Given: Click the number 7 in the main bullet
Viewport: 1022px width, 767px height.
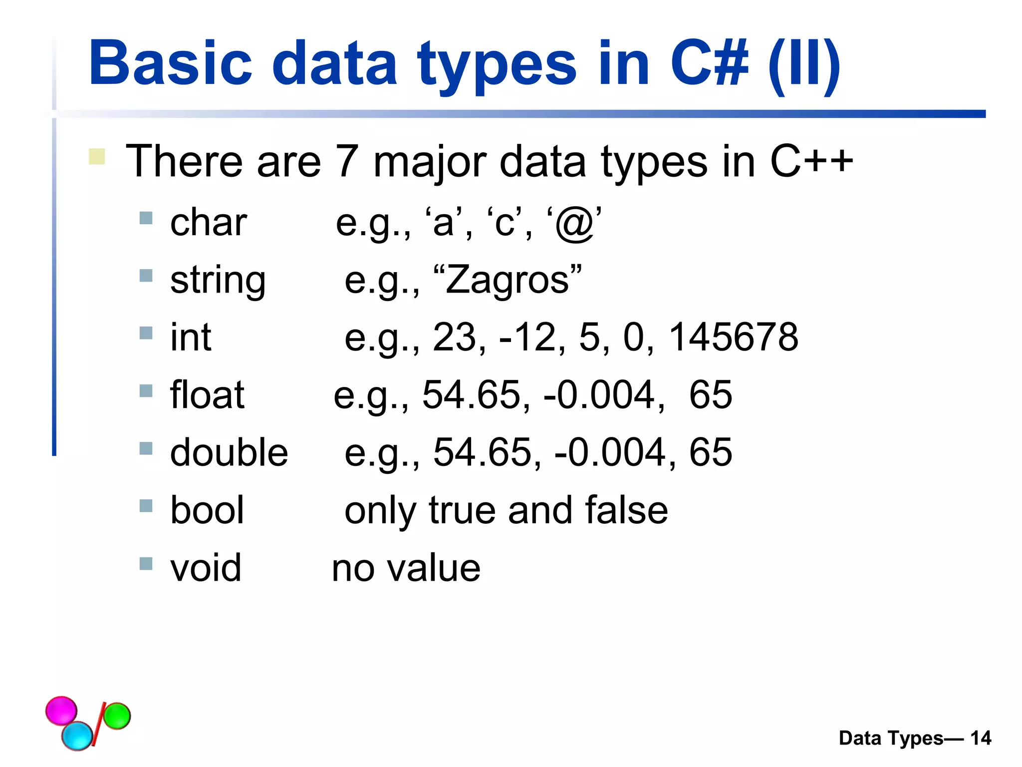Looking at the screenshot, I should (347, 161).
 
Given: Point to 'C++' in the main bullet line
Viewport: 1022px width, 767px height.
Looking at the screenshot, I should (811, 161).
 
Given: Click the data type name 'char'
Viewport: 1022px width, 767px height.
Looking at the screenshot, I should (209, 223).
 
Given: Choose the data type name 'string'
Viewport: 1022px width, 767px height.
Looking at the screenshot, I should (218, 281).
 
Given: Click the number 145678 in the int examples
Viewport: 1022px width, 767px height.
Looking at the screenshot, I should (733, 337).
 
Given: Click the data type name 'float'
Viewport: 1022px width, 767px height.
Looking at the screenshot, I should (207, 395).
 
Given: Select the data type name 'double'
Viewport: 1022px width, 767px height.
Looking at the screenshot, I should (229, 452).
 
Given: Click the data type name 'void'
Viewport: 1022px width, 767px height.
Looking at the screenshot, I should (206, 568).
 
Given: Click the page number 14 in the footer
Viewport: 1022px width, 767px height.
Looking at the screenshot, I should (981, 738).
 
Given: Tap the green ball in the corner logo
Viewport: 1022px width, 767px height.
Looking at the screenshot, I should (117, 716).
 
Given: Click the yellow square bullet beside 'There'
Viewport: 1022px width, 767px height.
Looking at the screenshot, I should (97, 156).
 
